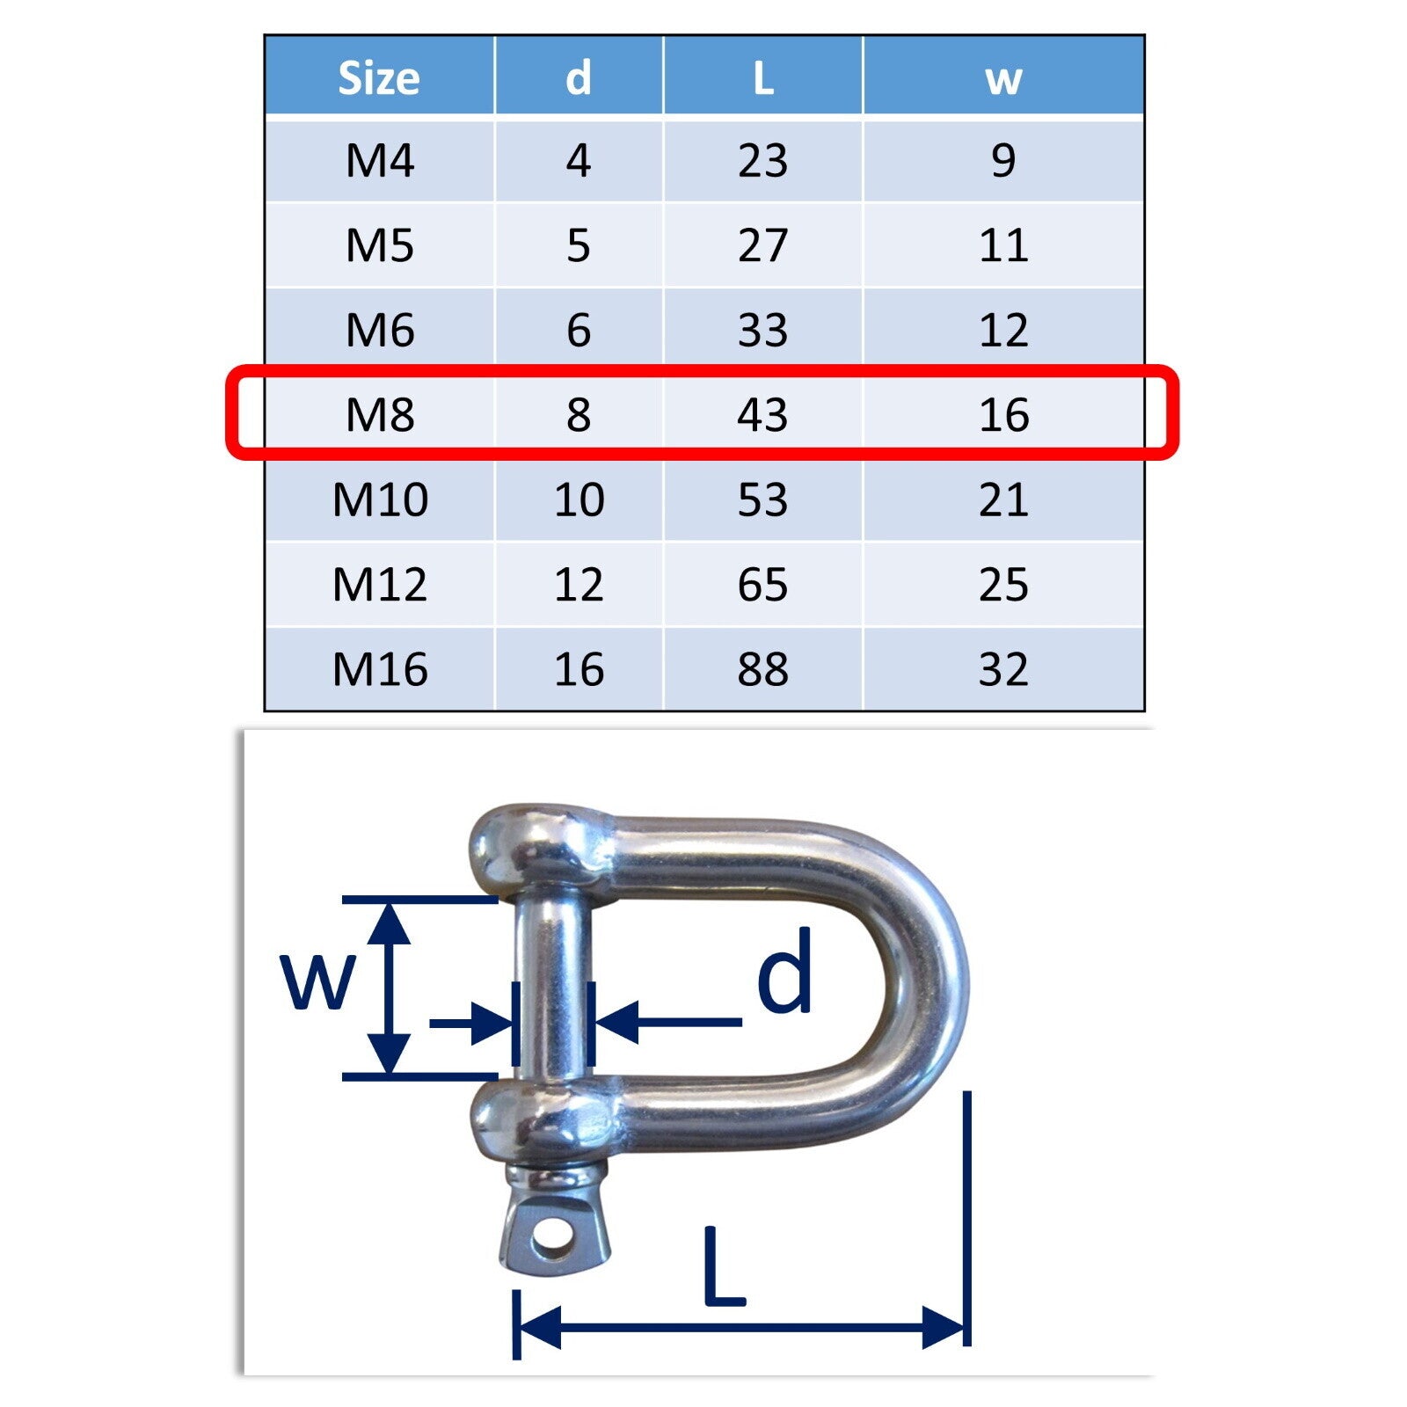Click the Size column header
(x=379, y=77)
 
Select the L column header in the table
(x=762, y=77)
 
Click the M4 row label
(x=379, y=160)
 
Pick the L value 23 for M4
(x=762, y=160)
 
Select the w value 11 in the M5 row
(x=1003, y=244)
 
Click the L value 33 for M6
(x=762, y=330)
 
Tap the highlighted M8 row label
(x=379, y=414)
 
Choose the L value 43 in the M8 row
(x=762, y=414)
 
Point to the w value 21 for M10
(x=1003, y=499)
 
